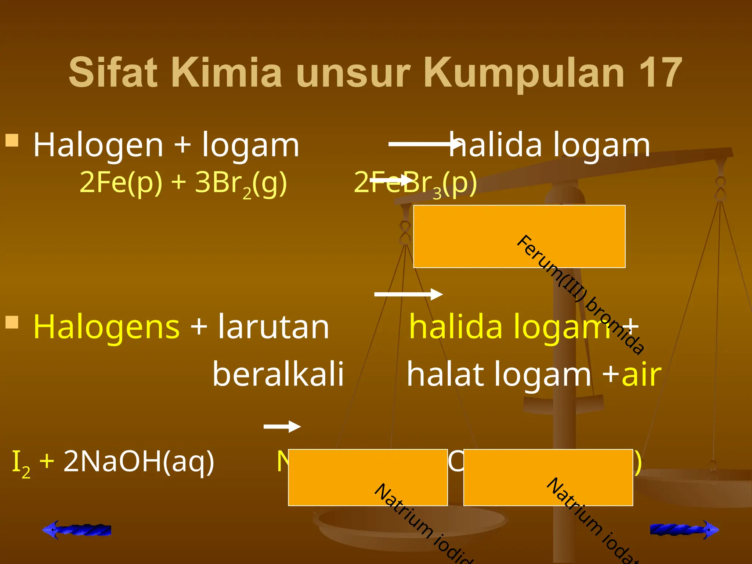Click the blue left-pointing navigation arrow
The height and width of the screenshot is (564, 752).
(77, 529)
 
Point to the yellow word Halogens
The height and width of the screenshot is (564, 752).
(106, 327)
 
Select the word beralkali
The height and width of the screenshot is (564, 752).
(278, 374)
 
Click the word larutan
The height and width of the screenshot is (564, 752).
(274, 327)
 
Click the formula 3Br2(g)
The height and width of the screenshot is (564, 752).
(241, 183)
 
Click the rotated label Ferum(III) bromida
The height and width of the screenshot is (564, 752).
(580, 294)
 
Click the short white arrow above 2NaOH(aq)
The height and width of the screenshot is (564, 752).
(282, 426)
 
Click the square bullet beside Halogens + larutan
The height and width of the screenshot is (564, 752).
(12, 322)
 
